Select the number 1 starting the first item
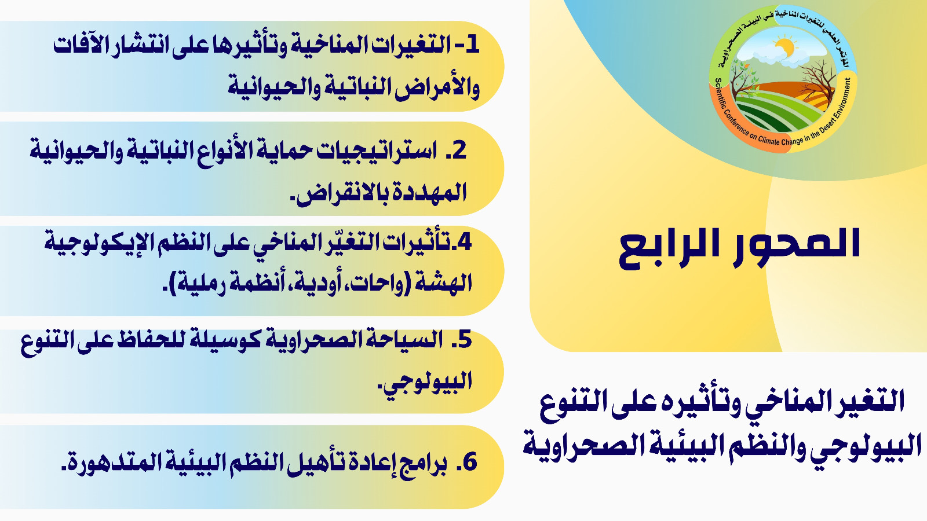coord(472,45)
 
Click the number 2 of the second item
coord(459,151)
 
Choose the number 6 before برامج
coord(470,462)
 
